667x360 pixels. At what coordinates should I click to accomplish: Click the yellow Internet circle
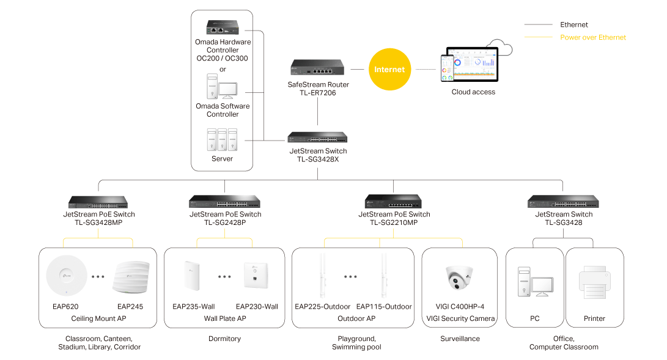pos(389,70)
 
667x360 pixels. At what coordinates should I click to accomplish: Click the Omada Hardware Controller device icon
pos(222,28)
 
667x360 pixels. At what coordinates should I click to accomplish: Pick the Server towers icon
pos(222,139)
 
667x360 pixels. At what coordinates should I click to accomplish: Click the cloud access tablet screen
pos(472,65)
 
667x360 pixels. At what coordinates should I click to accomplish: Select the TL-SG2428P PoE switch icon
pos(225,202)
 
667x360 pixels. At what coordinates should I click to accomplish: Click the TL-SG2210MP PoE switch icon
pos(394,202)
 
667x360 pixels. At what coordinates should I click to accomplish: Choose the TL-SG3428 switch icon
pos(563,202)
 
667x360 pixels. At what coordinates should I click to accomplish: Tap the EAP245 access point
pos(130,277)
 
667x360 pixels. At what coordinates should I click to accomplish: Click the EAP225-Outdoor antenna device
pos(322,276)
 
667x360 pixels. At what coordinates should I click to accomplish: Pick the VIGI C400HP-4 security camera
pos(460,277)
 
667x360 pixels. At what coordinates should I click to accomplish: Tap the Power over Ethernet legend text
pos(593,37)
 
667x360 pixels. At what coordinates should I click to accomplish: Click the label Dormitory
pos(224,339)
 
